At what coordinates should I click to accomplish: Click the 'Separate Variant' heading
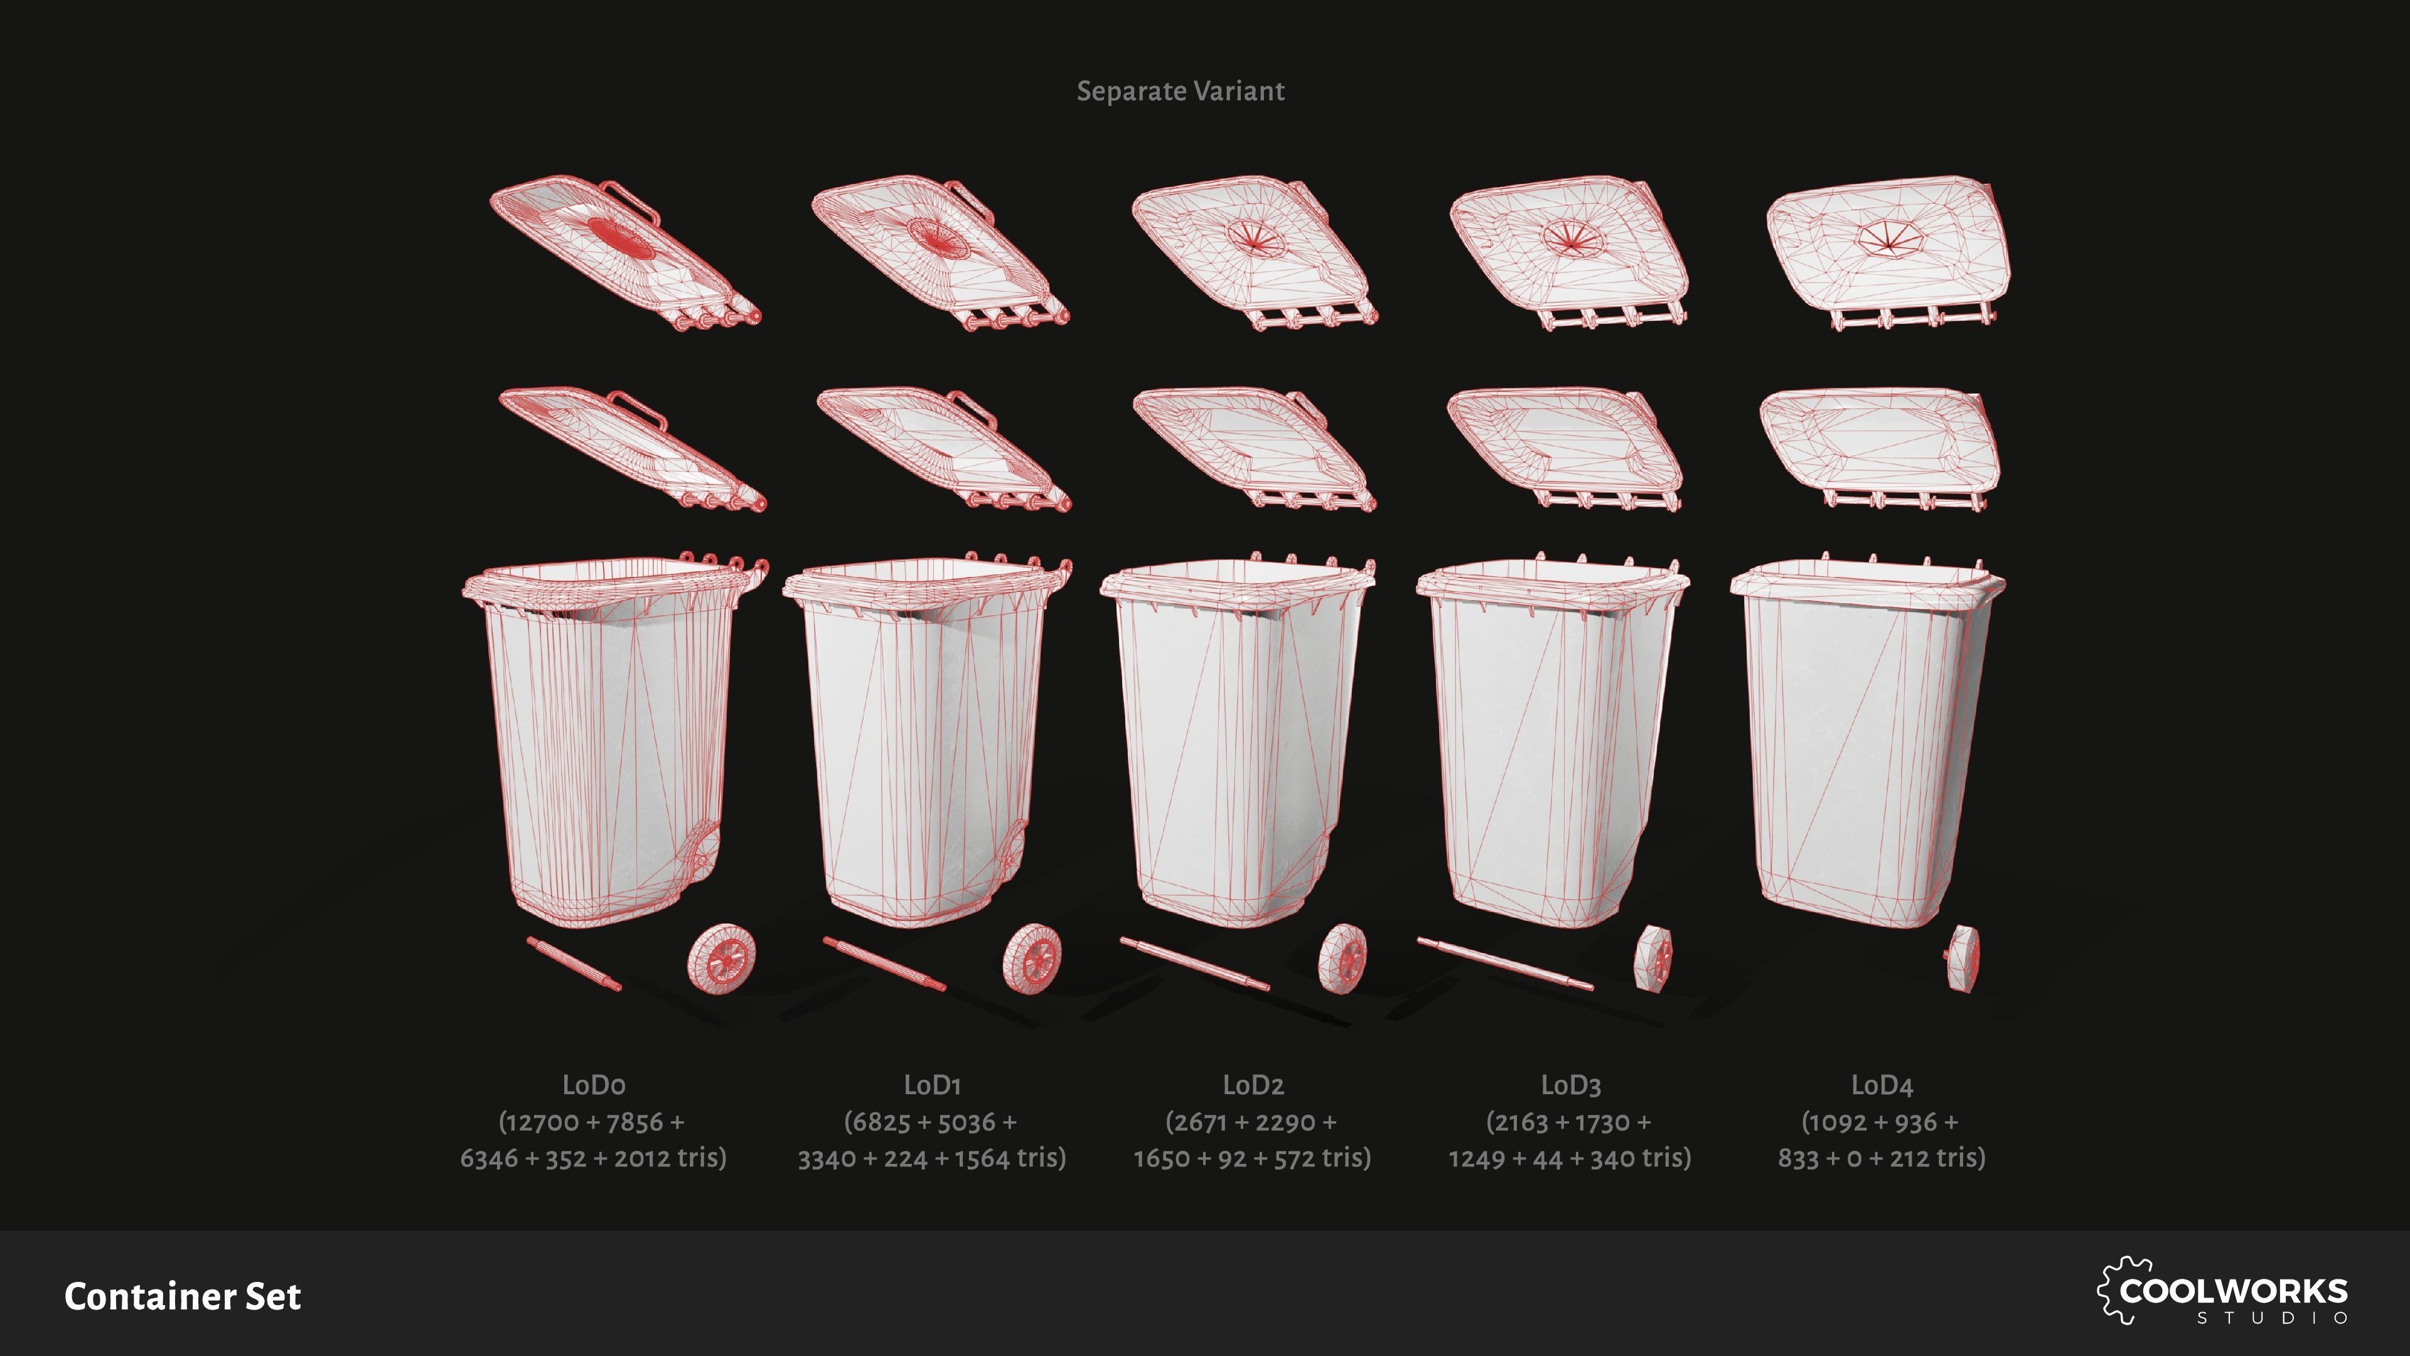(1181, 92)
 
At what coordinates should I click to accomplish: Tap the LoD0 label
(593, 1085)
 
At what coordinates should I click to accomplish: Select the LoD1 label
(932, 1085)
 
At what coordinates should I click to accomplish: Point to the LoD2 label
(1253, 1085)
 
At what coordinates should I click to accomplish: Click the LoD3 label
(1571, 1085)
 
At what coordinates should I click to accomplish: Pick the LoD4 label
(1882, 1085)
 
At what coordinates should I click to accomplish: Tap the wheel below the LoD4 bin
(1964, 958)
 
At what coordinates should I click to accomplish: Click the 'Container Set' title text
(183, 1297)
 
